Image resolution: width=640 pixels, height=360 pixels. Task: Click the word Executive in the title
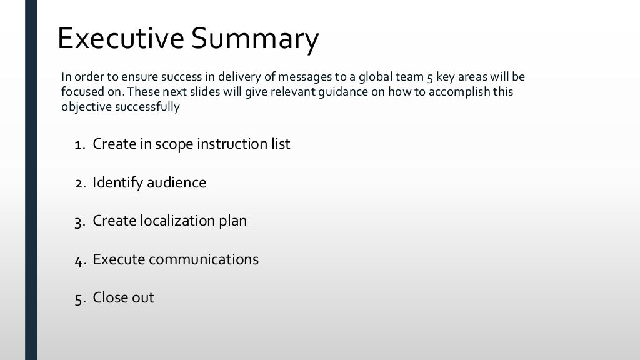click(x=121, y=39)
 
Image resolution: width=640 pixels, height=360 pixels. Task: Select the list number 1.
click(x=79, y=145)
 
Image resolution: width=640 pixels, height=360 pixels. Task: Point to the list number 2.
click(x=79, y=184)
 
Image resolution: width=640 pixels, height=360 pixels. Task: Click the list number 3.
click(x=79, y=222)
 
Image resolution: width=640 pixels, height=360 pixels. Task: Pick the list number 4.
click(x=79, y=261)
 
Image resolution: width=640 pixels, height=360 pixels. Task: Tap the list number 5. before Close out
click(x=79, y=299)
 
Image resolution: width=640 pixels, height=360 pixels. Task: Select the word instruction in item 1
click(x=228, y=144)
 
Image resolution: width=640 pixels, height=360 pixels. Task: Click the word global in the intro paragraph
click(x=377, y=77)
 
